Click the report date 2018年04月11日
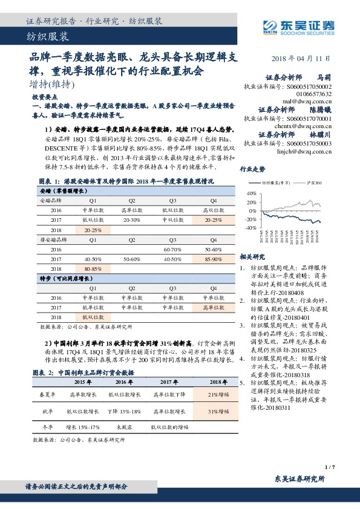click(x=301, y=58)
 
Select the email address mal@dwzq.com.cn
click(x=302, y=102)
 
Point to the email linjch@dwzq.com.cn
click(x=301, y=152)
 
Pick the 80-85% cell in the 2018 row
click(x=93, y=268)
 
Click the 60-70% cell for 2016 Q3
click(x=172, y=249)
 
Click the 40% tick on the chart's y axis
click(x=252, y=193)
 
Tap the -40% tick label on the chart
click(x=250, y=228)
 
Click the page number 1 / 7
click(x=329, y=467)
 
